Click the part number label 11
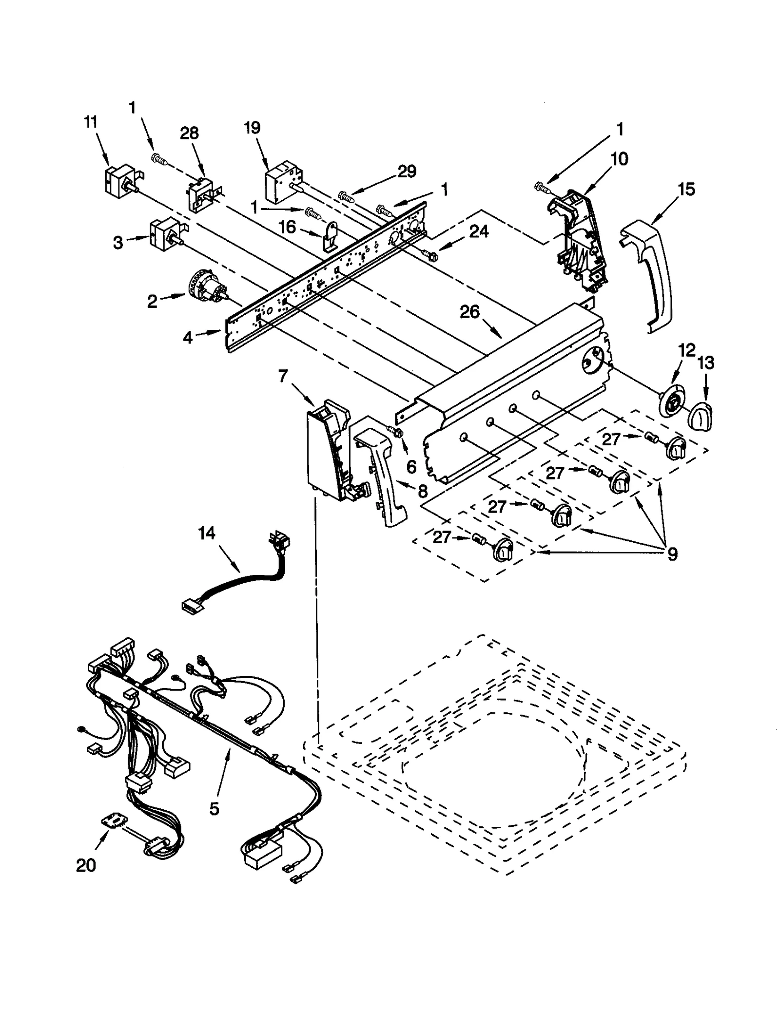point(91,122)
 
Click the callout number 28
point(189,133)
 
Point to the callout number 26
point(469,312)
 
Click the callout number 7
point(283,376)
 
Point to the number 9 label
point(672,554)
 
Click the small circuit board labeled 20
point(113,821)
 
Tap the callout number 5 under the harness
point(214,809)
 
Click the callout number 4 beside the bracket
point(188,337)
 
